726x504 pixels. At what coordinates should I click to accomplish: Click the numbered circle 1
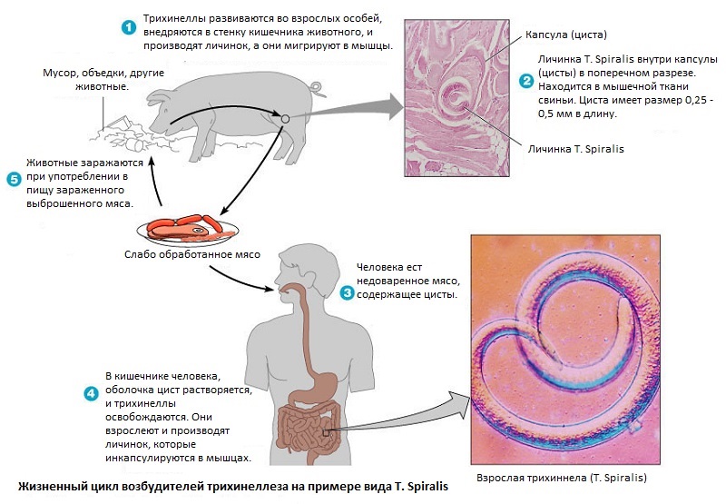click(x=129, y=27)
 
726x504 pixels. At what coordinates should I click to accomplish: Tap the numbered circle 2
click(x=525, y=81)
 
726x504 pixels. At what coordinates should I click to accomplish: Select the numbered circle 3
click(x=348, y=292)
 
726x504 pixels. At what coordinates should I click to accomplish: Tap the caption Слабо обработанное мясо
click(x=192, y=253)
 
